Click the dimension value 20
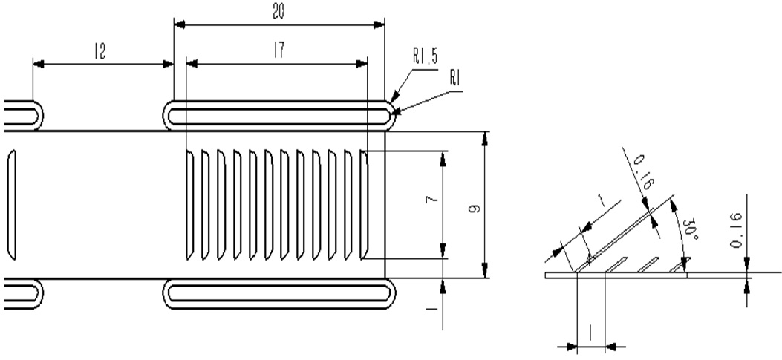pyautogui.click(x=279, y=12)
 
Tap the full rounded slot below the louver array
pyautogui.click(x=279, y=293)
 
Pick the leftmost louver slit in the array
pyautogui.click(x=190, y=204)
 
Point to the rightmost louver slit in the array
pyautogui.click(x=365, y=204)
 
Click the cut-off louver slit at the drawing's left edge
pyautogui.click(x=10, y=204)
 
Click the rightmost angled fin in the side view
pyautogui.click(x=685, y=263)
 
